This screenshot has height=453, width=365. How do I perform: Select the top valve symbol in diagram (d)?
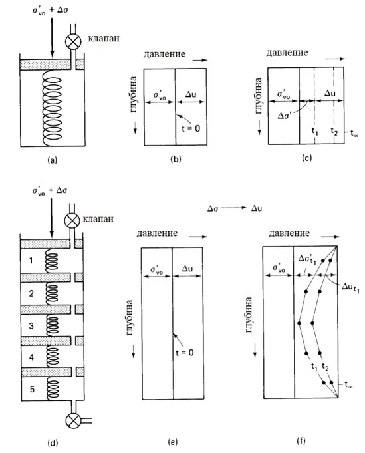(72, 221)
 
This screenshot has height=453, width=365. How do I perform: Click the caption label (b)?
(176, 159)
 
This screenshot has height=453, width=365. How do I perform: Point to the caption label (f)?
(301, 440)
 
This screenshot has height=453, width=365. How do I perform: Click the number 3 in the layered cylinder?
(31, 326)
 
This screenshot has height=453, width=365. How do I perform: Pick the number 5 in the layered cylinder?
(32, 389)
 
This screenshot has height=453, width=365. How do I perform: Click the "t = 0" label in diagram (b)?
(191, 128)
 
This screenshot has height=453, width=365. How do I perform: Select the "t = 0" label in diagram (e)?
(185, 353)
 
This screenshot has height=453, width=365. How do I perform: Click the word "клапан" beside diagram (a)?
(104, 38)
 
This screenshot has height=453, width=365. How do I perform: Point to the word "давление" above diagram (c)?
(287, 53)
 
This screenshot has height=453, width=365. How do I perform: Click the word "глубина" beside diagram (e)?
(130, 318)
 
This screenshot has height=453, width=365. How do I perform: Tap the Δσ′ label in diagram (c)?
(286, 116)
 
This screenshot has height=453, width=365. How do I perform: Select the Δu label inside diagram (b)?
(191, 94)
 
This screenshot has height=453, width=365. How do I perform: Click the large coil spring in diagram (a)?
(52, 108)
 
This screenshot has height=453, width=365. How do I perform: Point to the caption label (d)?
(53, 442)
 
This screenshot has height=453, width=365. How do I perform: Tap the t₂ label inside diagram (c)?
(334, 132)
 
